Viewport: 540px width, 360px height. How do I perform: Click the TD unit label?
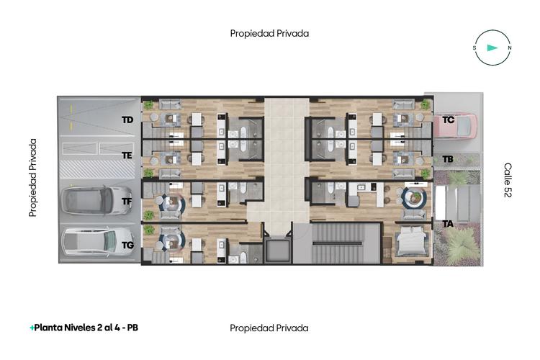click(127, 120)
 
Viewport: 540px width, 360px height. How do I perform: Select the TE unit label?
click(127, 155)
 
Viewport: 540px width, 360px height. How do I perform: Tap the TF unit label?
click(127, 202)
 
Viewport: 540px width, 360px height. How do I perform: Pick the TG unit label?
click(127, 245)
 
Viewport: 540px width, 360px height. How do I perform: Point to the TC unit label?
click(448, 120)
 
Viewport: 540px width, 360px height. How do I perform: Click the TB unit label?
click(447, 158)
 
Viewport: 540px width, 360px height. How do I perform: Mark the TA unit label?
click(448, 224)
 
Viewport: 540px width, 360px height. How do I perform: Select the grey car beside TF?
click(96, 199)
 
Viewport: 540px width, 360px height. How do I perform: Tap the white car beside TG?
click(97, 242)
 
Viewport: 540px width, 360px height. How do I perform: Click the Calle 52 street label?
click(508, 180)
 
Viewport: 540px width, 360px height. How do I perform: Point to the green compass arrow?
click(492, 48)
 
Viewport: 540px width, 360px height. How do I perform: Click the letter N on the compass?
click(510, 48)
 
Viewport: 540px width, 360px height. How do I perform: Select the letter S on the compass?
click(474, 48)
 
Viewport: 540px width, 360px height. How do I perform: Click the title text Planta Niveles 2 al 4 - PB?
click(84, 328)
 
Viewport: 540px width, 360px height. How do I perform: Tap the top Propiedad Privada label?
click(269, 33)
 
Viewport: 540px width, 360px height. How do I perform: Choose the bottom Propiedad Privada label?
click(269, 328)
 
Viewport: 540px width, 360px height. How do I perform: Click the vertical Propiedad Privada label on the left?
click(33, 179)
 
